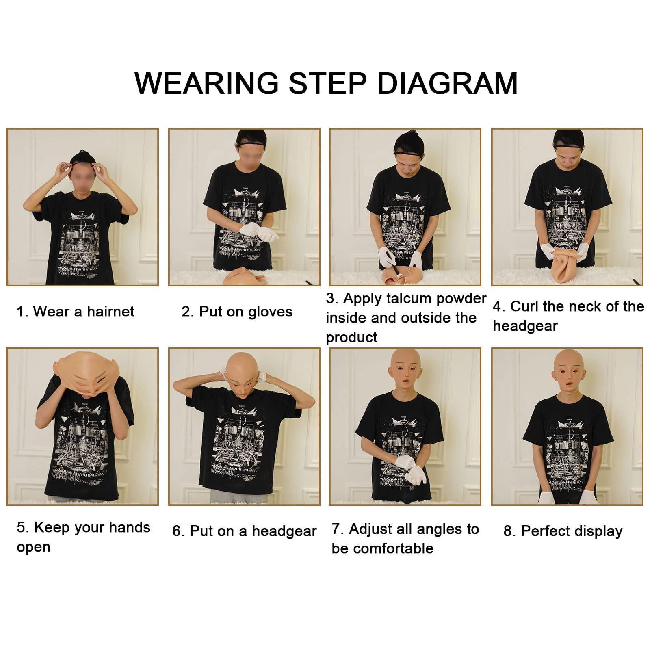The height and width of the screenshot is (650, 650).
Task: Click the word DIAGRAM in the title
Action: (x=447, y=83)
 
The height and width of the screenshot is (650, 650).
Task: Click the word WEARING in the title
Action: (x=206, y=83)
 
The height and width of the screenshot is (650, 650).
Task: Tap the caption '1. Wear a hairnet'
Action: (x=75, y=312)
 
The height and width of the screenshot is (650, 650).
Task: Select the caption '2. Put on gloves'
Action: (x=237, y=312)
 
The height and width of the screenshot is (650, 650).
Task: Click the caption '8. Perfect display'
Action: (x=563, y=531)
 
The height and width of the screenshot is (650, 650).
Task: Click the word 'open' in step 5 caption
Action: (x=33, y=547)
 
